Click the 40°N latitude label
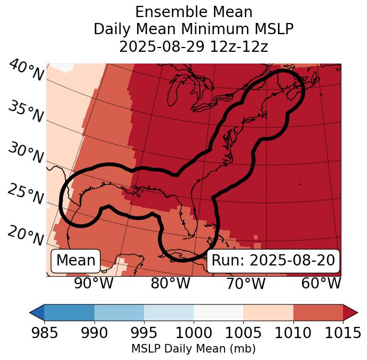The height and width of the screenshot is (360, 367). coord(25,71)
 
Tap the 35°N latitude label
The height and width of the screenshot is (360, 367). coord(25,112)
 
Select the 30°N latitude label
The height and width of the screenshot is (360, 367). coord(25,153)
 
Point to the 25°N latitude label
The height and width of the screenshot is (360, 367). coord(25,194)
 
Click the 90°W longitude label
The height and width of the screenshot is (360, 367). coord(93,284)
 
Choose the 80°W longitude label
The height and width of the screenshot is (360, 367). coord(170,284)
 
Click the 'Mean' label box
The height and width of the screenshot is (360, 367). coord(76,261)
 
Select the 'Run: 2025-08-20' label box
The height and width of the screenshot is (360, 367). coord(273,261)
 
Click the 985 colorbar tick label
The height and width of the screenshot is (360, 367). coord(44,333)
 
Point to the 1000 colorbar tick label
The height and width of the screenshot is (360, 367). coord(194,333)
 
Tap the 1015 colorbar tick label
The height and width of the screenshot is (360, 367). coord(343,333)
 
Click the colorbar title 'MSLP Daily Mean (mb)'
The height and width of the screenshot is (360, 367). coord(193,349)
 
